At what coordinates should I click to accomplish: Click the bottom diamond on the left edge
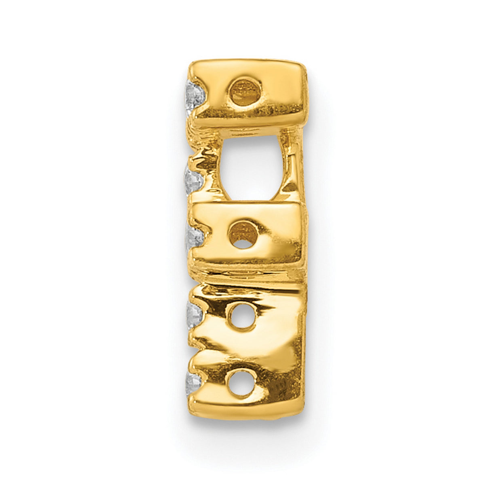click(193, 380)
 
